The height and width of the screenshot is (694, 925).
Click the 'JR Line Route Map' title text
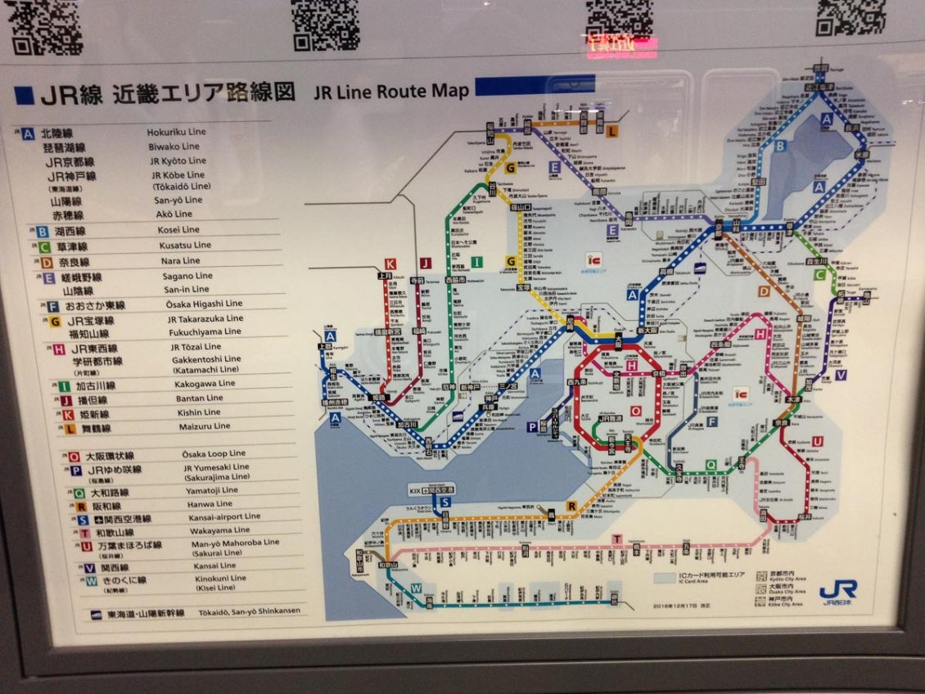391,91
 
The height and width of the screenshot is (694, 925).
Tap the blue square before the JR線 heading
25,95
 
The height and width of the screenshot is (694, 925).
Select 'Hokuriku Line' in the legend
176,132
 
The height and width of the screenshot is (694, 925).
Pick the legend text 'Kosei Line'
178,230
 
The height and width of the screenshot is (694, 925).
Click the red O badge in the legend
74,457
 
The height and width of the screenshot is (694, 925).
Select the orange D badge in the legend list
47,263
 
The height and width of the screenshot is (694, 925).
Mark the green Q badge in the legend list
79,493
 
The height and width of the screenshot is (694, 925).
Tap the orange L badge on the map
612,129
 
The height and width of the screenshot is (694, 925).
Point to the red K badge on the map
390,264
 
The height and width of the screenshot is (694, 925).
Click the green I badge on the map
477,262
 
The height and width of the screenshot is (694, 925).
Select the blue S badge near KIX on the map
445,502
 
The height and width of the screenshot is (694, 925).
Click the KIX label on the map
415,489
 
